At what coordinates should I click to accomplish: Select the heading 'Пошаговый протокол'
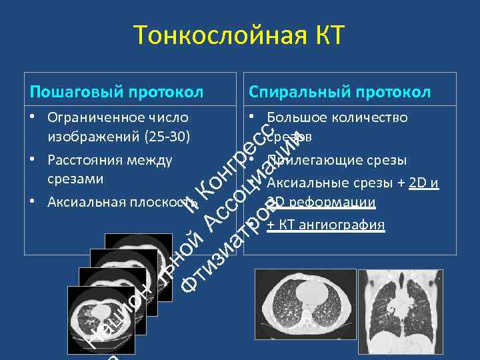pos(117,91)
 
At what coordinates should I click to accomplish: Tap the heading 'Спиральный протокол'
pos(339,91)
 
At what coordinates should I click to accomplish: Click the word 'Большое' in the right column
pos(293,118)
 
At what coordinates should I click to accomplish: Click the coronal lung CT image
pos(400,310)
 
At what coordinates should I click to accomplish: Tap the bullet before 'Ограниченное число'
pos(32,118)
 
